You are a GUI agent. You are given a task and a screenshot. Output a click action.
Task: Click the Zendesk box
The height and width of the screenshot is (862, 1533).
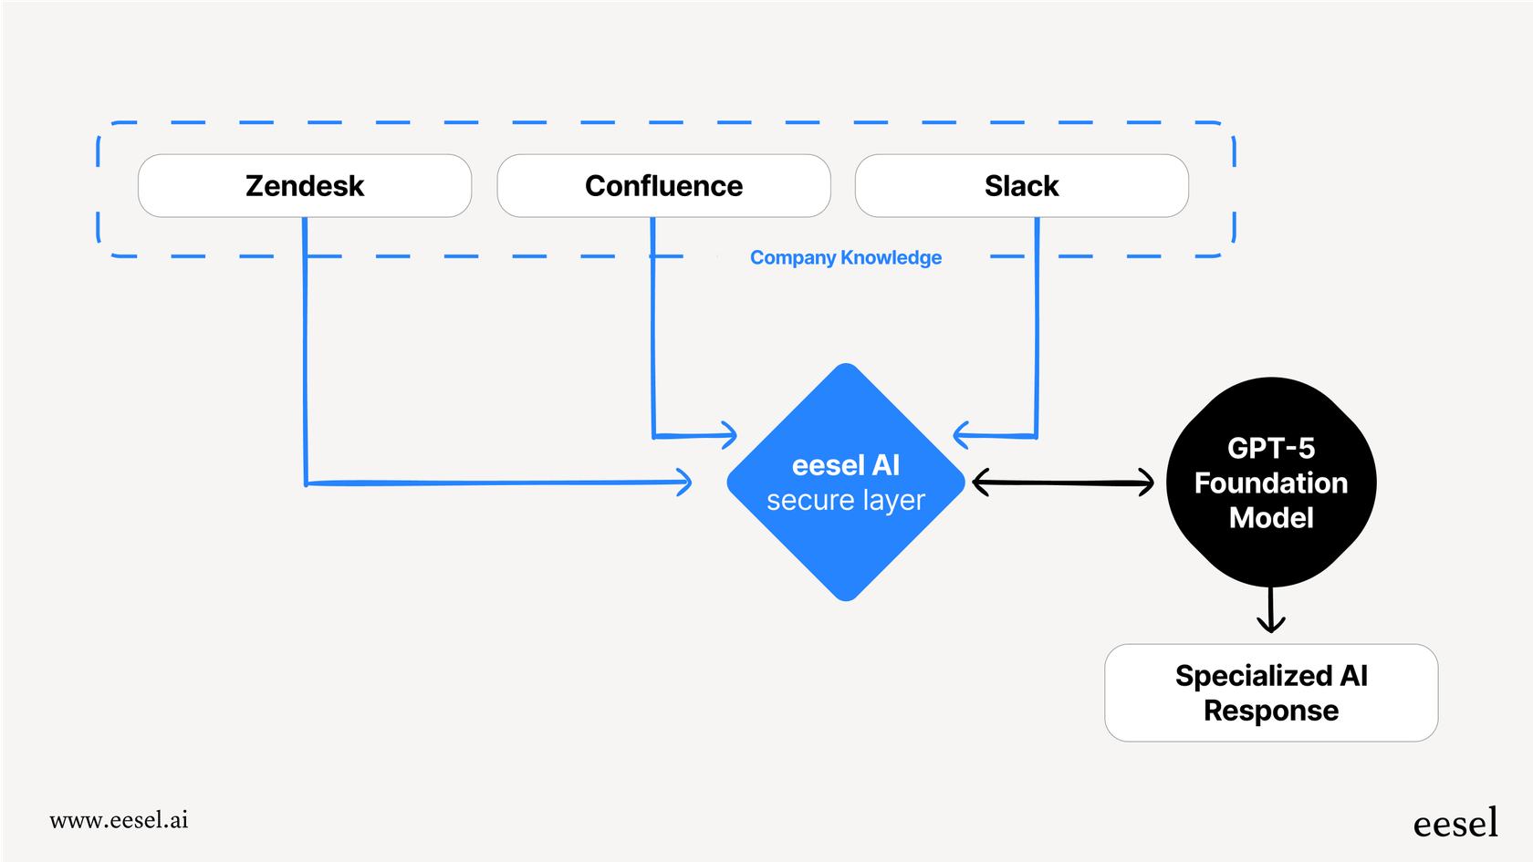point(304,186)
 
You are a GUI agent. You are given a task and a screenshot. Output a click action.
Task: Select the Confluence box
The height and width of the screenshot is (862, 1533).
point(663,186)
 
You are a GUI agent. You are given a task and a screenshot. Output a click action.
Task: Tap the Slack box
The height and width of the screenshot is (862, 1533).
point(1021,186)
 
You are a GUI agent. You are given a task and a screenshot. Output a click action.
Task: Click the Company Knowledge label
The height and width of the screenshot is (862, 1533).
point(845,258)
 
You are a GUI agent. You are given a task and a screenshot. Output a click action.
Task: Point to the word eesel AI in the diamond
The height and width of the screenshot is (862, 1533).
point(845,466)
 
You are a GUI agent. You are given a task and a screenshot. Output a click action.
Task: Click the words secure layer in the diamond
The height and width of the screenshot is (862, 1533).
point(845,501)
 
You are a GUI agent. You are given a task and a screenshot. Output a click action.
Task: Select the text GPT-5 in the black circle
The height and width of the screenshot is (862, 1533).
point(1270,448)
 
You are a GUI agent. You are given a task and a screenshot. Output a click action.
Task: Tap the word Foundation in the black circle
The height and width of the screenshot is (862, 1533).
point(1270,483)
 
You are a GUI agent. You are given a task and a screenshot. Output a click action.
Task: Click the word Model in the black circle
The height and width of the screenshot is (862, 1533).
point(1270,518)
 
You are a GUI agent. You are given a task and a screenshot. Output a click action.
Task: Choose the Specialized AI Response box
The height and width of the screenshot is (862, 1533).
point(1270,693)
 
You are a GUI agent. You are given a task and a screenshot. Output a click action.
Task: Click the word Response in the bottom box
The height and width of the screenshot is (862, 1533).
point(1270,711)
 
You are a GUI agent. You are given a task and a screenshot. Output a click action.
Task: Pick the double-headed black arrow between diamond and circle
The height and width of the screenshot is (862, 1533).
point(1063,483)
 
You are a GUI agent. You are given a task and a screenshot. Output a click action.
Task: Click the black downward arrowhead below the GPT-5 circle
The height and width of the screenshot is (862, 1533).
point(1270,623)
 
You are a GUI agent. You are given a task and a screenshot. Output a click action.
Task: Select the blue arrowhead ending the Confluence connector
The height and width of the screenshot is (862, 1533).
point(728,435)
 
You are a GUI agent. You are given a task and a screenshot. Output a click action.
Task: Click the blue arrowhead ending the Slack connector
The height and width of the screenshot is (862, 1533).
point(961,435)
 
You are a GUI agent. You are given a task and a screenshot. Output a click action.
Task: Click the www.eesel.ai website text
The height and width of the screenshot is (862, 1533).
point(119,820)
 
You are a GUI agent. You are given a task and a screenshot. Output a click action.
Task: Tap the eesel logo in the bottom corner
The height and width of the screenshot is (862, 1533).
point(1455,824)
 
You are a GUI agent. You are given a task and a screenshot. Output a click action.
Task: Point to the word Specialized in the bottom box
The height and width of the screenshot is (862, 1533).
point(1253,676)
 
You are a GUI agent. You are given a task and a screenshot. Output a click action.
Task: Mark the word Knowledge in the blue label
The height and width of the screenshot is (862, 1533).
point(891,258)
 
